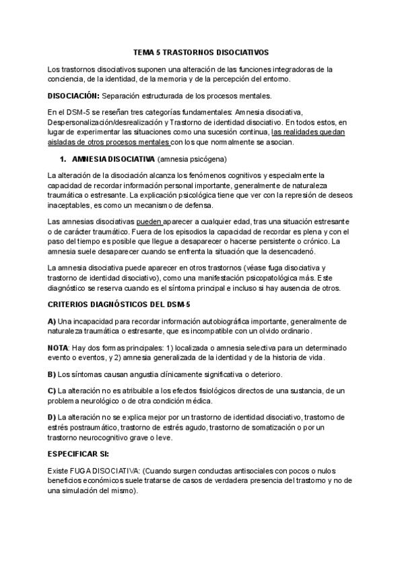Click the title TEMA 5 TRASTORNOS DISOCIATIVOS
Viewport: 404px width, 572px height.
tap(201, 51)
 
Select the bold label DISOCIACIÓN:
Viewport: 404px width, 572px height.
tap(74, 95)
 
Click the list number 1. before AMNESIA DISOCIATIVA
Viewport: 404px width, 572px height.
tap(63, 159)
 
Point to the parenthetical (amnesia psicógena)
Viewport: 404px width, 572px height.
tap(192, 159)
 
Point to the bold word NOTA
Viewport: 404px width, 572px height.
tap(59, 348)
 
